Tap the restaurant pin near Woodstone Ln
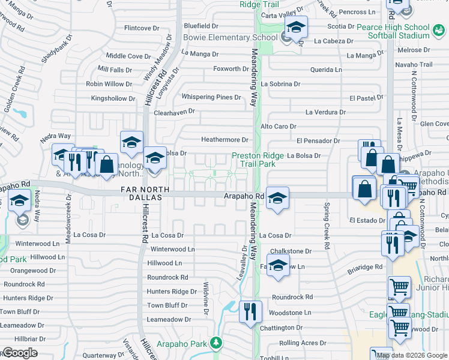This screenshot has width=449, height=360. (250, 311)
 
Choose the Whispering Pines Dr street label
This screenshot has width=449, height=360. (211, 97)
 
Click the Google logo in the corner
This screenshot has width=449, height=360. (20, 353)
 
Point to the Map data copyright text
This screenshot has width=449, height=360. (412, 355)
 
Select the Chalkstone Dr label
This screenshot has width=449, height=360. (291, 251)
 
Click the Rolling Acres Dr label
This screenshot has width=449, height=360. (303, 343)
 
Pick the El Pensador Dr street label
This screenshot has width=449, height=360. (318, 140)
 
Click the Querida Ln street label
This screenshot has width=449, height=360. (326, 70)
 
